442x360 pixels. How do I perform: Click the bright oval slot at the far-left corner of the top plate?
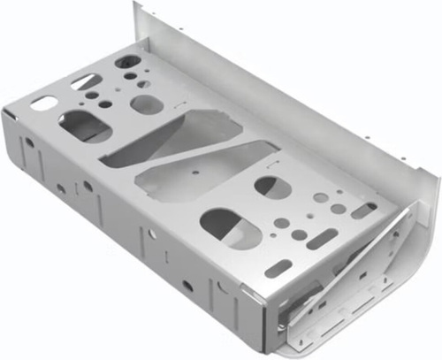click(41, 103)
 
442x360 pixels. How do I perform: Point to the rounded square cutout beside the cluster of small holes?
click(147, 103)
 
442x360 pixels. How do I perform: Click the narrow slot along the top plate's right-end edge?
click(363, 211)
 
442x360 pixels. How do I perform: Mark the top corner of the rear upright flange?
click(138, 5)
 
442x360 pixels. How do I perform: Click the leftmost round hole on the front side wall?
click(29, 142)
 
